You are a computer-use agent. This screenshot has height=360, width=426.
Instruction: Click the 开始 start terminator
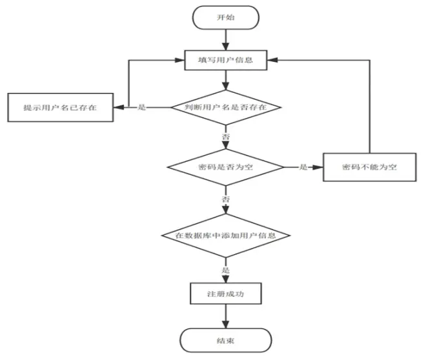pyautogui.click(x=225, y=17)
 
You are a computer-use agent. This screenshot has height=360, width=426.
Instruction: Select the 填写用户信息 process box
pyautogui.click(x=225, y=60)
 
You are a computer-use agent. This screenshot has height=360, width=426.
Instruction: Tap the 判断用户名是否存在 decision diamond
pyautogui.click(x=226, y=108)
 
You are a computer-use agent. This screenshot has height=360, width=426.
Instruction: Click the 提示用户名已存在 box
pyautogui.click(x=60, y=108)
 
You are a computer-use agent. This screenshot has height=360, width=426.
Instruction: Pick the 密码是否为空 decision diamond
pyautogui.click(x=225, y=167)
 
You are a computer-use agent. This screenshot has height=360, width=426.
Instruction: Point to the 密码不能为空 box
pyautogui.click(x=369, y=167)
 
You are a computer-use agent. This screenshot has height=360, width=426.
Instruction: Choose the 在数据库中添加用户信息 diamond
pyautogui.click(x=225, y=235)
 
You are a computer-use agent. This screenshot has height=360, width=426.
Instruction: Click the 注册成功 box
pyautogui.click(x=225, y=294)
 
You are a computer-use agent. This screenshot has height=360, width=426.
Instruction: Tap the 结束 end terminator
pyautogui.click(x=225, y=341)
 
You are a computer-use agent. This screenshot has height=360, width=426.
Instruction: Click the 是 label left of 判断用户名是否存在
pyautogui.click(x=142, y=107)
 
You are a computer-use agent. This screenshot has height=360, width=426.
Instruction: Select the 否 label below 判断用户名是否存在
pyautogui.click(x=226, y=136)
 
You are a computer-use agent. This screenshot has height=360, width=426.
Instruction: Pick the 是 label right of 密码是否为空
pyautogui.click(x=303, y=167)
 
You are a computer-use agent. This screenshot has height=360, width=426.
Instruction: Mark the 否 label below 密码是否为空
pyautogui.click(x=226, y=199)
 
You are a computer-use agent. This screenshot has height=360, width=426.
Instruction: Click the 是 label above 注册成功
pyautogui.click(x=226, y=270)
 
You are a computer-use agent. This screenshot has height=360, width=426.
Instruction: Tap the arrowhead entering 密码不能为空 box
pyautogui.click(x=318, y=167)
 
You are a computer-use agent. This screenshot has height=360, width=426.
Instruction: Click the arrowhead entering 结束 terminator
pyautogui.click(x=225, y=324)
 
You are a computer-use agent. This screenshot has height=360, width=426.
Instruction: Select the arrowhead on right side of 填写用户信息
pyautogui.click(x=272, y=60)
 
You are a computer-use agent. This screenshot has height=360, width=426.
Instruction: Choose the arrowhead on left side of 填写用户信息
pyautogui.click(x=179, y=60)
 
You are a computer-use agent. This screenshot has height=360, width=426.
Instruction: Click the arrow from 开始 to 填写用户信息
pyautogui.click(x=225, y=39)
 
